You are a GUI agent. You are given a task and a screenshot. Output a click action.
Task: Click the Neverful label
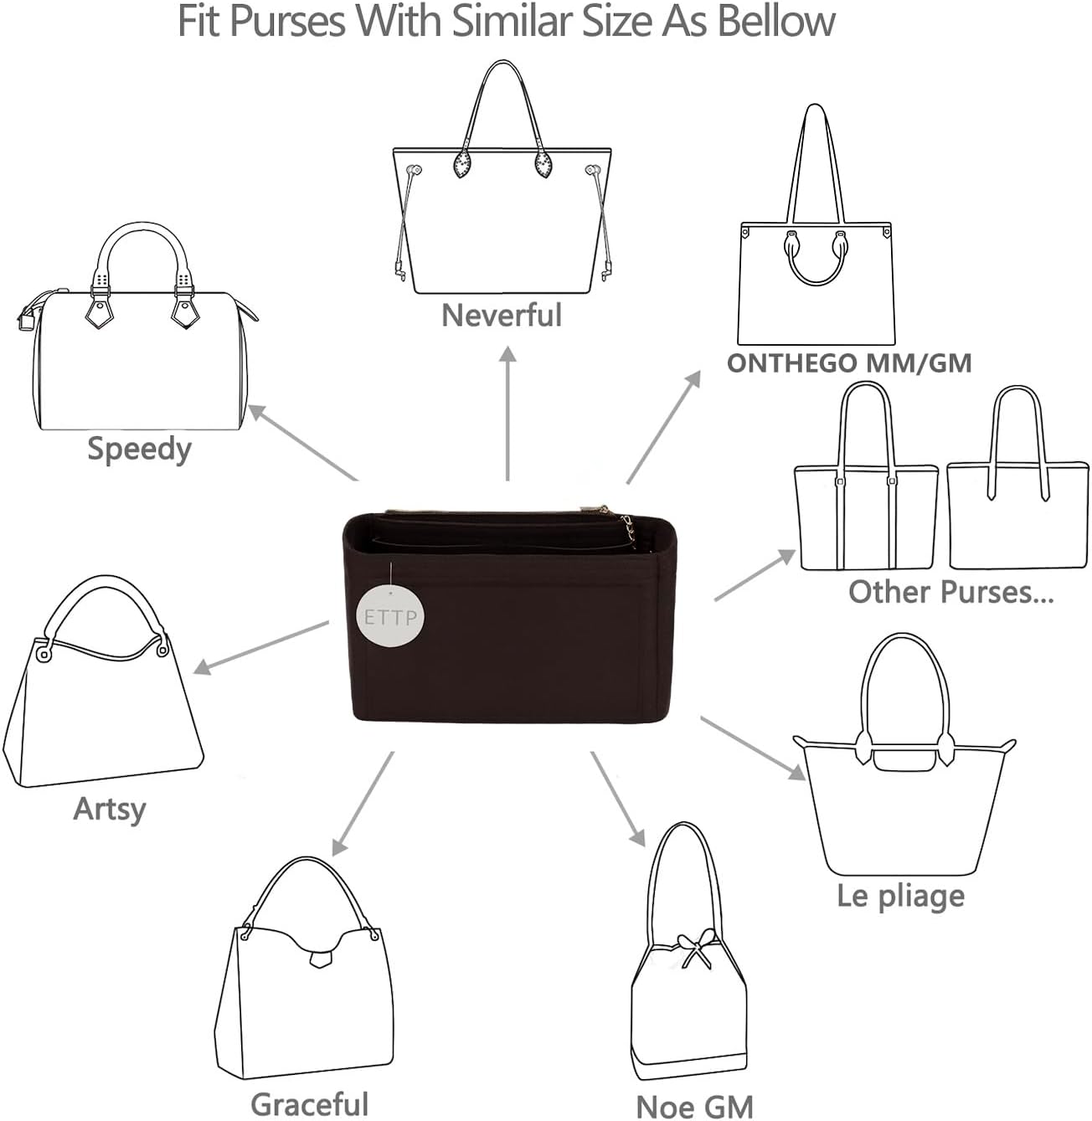(x=502, y=315)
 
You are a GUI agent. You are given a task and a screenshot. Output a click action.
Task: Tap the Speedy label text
(x=139, y=450)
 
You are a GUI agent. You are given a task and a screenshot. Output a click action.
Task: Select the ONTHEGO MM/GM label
(x=849, y=363)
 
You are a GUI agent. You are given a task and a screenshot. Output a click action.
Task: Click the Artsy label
(x=110, y=809)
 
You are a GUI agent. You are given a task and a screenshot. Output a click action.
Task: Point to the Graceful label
(x=310, y=1103)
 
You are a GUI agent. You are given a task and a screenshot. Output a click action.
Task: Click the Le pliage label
(x=901, y=897)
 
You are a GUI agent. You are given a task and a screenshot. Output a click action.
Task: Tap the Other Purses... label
(x=950, y=592)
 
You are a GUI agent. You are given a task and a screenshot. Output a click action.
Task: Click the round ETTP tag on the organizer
(x=390, y=616)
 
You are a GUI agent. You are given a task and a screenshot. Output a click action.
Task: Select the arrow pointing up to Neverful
(x=507, y=413)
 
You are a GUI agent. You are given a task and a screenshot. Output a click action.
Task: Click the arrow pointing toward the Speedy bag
(x=303, y=442)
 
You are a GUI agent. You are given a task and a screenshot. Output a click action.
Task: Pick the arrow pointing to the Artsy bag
(x=260, y=648)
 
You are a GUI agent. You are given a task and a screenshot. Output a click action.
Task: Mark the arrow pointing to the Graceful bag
(x=363, y=804)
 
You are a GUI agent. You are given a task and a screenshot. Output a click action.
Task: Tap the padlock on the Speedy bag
(x=25, y=320)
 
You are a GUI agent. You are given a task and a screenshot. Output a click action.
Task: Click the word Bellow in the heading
(x=775, y=21)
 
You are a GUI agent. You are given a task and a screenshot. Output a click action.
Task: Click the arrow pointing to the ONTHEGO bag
(x=663, y=428)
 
